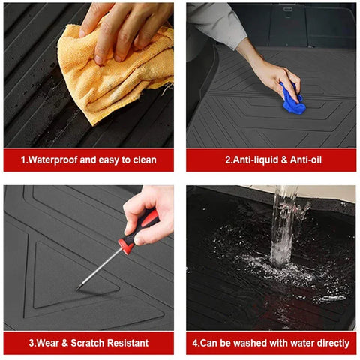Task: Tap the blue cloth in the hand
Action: coord(293,100)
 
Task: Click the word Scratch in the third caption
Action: coord(88,343)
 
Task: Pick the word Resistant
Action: coord(128,343)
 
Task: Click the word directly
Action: coord(333,343)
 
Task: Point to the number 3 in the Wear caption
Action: coord(31,343)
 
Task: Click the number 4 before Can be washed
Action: coord(195,343)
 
